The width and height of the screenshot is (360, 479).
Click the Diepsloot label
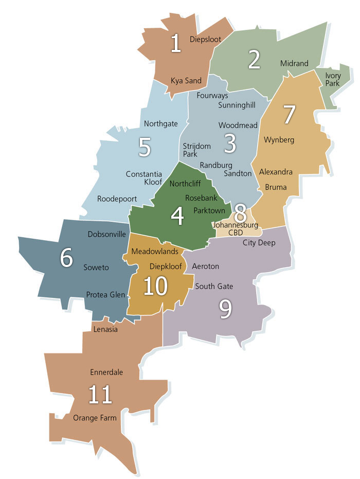tap(205, 39)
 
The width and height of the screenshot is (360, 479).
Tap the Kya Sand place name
tap(186, 81)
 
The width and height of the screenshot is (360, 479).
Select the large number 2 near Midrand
tap(254, 60)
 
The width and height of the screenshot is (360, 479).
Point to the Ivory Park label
tap(333, 79)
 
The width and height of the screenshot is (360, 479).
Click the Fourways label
tap(212, 96)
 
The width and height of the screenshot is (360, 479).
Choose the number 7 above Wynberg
tap(290, 114)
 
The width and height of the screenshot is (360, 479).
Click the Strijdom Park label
tap(197, 150)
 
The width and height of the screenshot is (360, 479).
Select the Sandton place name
tap(238, 173)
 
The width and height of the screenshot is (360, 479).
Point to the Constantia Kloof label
tap(144, 179)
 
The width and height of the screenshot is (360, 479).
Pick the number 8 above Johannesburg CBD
tap(240, 211)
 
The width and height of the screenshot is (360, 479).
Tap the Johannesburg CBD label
tap(236, 228)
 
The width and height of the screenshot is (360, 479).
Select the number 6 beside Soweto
tap(66, 257)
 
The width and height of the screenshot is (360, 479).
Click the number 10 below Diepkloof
tap(156, 286)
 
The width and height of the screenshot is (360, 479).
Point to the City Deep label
tap(259, 243)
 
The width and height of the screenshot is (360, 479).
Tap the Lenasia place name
tap(105, 329)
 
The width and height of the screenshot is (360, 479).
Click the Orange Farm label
tap(95, 418)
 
